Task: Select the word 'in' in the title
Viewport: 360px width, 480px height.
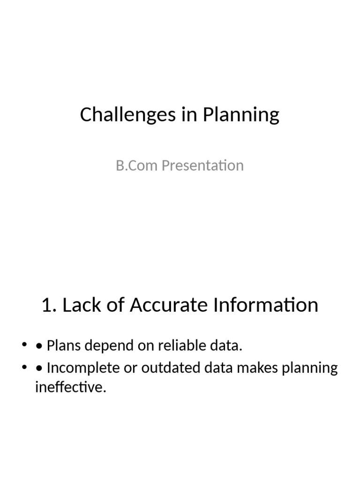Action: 187,115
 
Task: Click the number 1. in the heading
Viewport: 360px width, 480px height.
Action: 49,305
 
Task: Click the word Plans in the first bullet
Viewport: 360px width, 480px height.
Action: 63,346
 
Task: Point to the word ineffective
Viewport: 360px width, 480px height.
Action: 71,388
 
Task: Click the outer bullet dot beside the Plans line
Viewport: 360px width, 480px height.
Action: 24,346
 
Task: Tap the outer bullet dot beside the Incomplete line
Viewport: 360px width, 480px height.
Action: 24,367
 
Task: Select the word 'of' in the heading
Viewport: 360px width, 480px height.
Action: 114,305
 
